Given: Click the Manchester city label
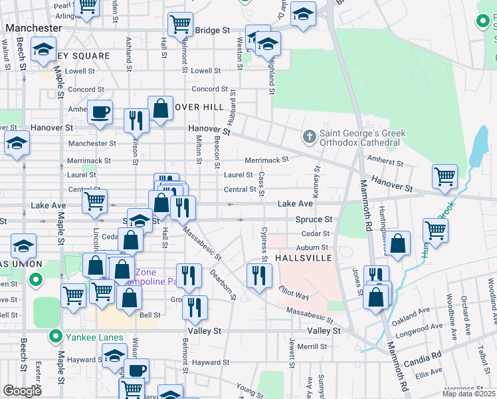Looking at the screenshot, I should (34, 29).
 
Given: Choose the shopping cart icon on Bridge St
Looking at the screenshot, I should (180, 24).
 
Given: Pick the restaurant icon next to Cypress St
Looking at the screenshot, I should (258, 274).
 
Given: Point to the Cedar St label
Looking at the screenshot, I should (316, 233).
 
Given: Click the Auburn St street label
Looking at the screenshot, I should (314, 247).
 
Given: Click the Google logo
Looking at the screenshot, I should (22, 390).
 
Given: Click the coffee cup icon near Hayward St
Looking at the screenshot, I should (137, 369).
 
